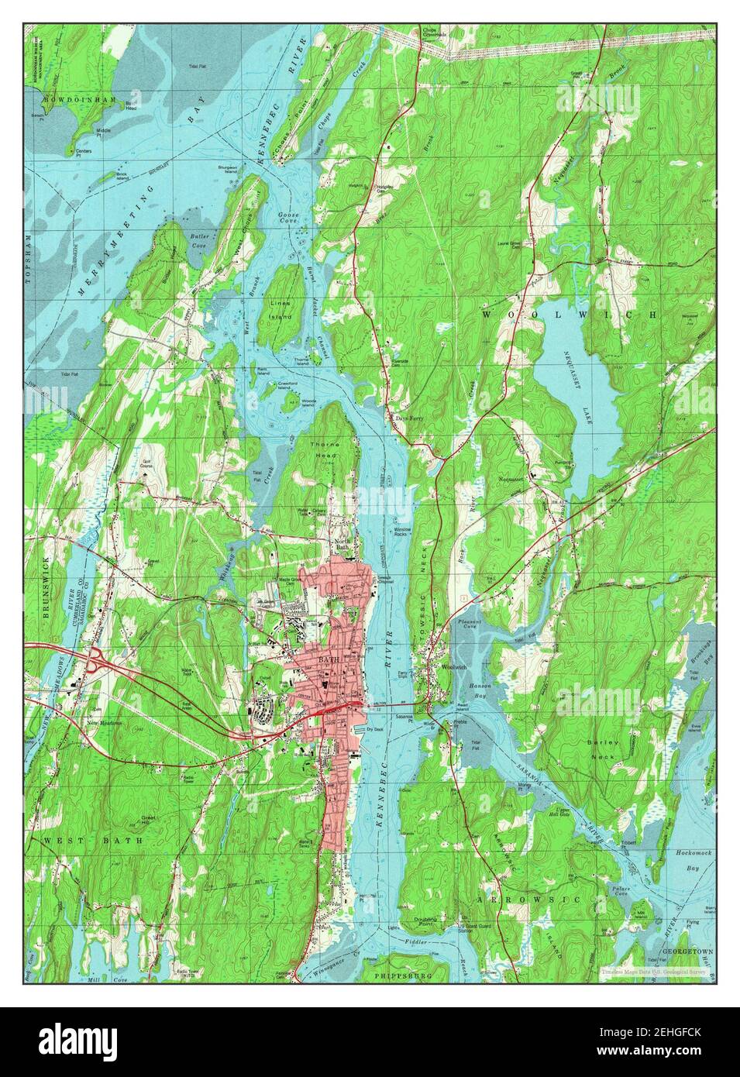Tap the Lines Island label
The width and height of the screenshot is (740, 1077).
click(x=281, y=310)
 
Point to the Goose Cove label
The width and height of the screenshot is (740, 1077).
click(x=288, y=225)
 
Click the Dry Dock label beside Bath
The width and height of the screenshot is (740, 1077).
click(x=375, y=729)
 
